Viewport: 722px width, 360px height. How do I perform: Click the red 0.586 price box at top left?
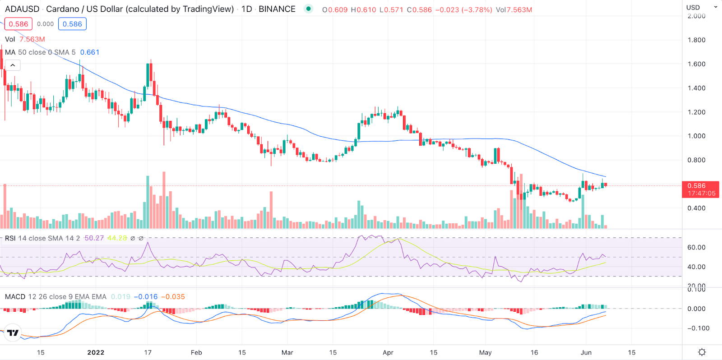[x=19, y=24]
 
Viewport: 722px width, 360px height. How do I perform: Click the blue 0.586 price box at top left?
[x=72, y=24]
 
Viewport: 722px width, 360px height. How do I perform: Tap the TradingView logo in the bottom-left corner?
[x=13, y=333]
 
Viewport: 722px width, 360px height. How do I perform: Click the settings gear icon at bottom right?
[x=702, y=352]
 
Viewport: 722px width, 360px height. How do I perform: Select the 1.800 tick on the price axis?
[x=696, y=40]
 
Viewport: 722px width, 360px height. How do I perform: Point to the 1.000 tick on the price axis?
[x=696, y=136]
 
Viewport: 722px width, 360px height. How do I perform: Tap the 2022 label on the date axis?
[x=96, y=352]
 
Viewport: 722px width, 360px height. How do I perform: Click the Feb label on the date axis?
[x=196, y=352]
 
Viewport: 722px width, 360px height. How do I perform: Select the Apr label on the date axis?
[x=388, y=352]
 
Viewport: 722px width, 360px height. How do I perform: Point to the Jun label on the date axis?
[x=586, y=352]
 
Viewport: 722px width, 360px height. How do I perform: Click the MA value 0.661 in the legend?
[x=90, y=52]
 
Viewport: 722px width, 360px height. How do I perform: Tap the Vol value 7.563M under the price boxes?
[x=32, y=39]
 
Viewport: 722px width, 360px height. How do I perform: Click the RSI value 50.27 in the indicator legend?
[x=94, y=238]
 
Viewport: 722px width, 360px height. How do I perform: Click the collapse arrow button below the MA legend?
[x=13, y=65]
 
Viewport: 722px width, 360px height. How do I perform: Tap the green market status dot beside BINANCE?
[x=308, y=9]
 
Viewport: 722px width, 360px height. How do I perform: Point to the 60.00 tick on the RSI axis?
[x=696, y=247]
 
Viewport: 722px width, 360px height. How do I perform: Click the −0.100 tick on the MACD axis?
[x=698, y=328]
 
